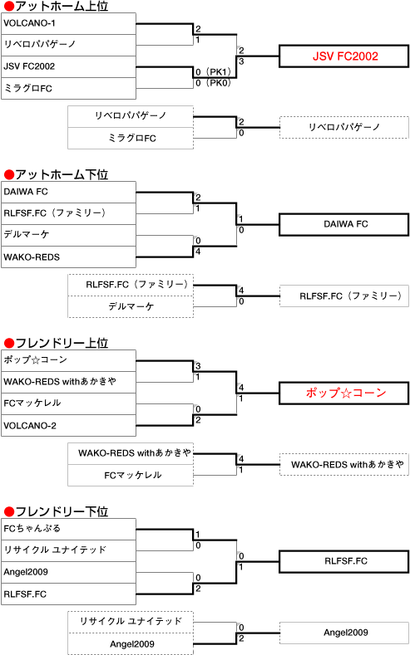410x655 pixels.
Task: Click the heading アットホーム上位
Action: click(62, 6)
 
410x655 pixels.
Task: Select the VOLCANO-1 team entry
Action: click(69, 23)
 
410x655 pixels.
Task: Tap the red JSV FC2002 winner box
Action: click(344, 56)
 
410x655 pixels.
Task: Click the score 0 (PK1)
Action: click(214, 72)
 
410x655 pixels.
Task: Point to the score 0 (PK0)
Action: click(214, 83)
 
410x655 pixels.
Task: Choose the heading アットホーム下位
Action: click(62, 174)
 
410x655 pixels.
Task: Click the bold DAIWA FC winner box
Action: click(344, 224)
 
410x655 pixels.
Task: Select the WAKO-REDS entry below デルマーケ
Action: click(69, 257)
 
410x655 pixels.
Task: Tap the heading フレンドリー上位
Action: click(62, 343)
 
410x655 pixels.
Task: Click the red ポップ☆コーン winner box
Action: click(344, 393)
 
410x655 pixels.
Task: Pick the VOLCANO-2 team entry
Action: click(69, 426)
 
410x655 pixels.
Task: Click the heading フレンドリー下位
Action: click(62, 511)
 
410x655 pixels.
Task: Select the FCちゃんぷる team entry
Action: click(69, 529)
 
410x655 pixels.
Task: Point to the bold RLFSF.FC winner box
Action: click(344, 561)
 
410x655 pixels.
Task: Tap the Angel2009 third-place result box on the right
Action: click(344, 633)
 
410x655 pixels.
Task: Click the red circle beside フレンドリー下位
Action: click(9, 511)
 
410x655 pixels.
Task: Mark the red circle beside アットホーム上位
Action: click(9, 7)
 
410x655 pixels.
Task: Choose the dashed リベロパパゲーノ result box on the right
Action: click(344, 127)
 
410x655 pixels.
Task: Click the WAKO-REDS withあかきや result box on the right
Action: click(344, 465)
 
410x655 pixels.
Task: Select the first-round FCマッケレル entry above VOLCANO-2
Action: click(69, 403)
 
